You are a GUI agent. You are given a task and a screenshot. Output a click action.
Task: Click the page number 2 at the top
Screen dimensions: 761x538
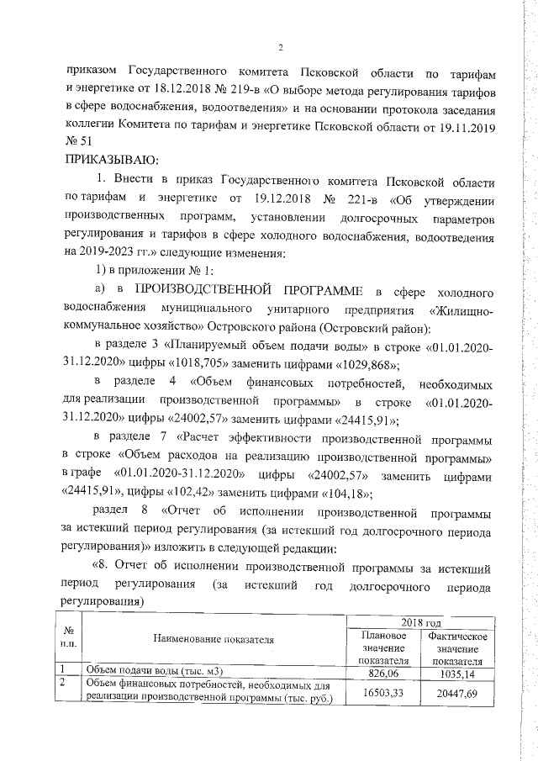(x=281, y=47)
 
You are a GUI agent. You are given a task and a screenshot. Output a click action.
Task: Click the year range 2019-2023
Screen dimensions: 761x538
(x=111, y=252)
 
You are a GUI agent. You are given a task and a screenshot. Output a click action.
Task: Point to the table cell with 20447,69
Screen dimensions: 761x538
(x=458, y=691)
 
